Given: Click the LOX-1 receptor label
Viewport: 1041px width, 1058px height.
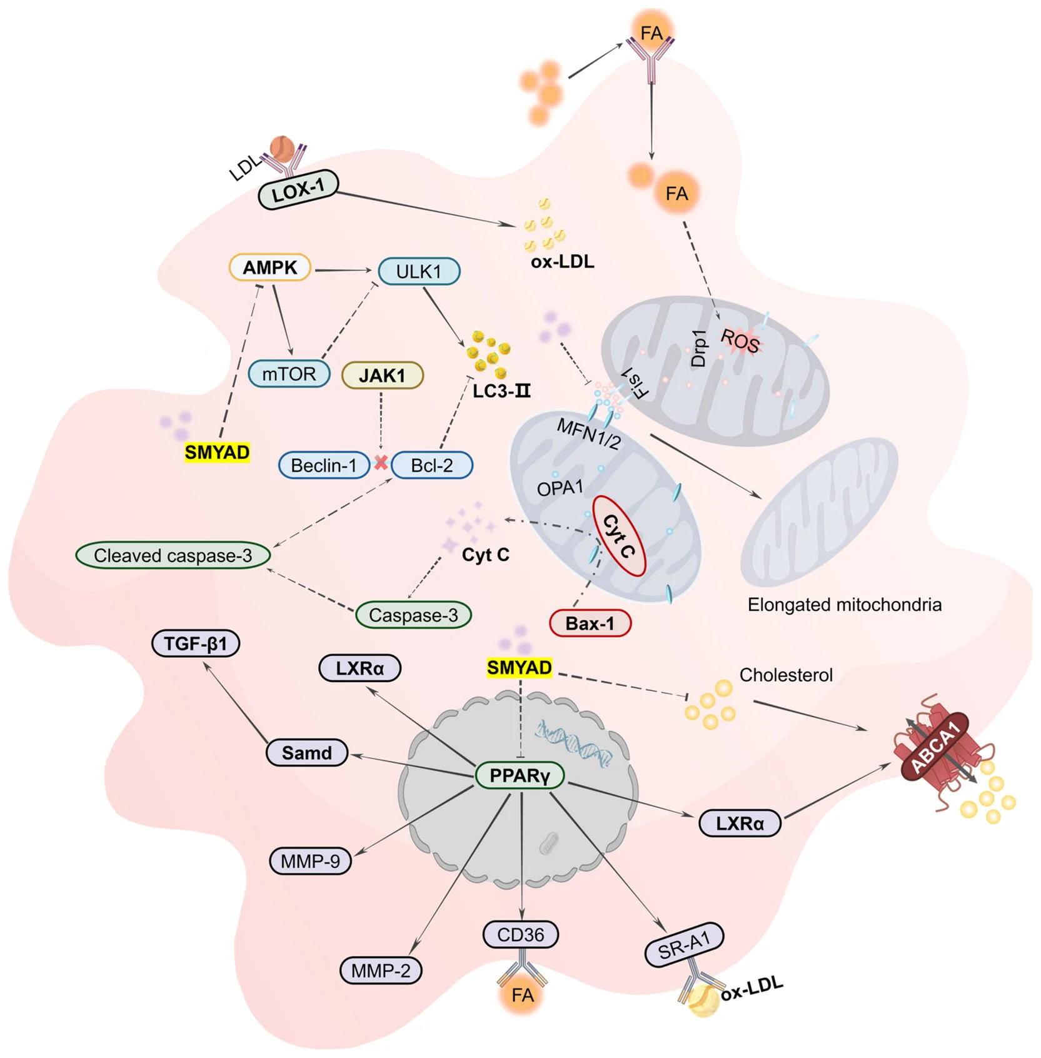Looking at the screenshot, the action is tap(299, 189).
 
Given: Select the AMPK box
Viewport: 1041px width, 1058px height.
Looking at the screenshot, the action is tap(270, 268).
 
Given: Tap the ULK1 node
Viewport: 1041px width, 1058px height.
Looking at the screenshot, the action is tap(419, 271).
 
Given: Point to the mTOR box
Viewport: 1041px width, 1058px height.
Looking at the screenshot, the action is tap(289, 374).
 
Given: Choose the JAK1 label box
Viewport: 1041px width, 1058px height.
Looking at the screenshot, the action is tap(383, 375).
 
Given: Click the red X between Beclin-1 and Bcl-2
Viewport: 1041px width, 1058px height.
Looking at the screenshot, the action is tap(381, 463).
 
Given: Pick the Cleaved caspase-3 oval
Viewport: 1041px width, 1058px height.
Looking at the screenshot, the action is tap(173, 555).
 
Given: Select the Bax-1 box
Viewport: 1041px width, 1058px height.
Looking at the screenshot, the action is tap(590, 623).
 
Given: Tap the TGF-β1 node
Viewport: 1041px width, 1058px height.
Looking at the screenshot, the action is tap(196, 643).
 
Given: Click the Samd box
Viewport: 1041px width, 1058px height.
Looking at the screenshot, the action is tap(307, 752).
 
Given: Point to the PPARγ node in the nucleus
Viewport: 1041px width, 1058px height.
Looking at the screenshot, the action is tap(520, 775).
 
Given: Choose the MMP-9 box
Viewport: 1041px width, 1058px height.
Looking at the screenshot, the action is tap(310, 861).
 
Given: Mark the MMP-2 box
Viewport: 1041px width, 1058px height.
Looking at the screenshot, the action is tap(381, 970).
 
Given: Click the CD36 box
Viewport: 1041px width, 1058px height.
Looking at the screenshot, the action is tap(521, 935).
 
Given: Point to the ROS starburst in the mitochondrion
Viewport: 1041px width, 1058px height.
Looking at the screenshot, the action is tap(740, 341).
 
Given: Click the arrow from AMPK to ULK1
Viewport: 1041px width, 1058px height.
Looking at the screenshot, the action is tap(343, 270).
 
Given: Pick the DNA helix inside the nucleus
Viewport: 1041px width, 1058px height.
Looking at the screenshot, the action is tap(573, 742).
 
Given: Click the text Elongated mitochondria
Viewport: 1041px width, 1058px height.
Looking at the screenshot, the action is tap(845, 605).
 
